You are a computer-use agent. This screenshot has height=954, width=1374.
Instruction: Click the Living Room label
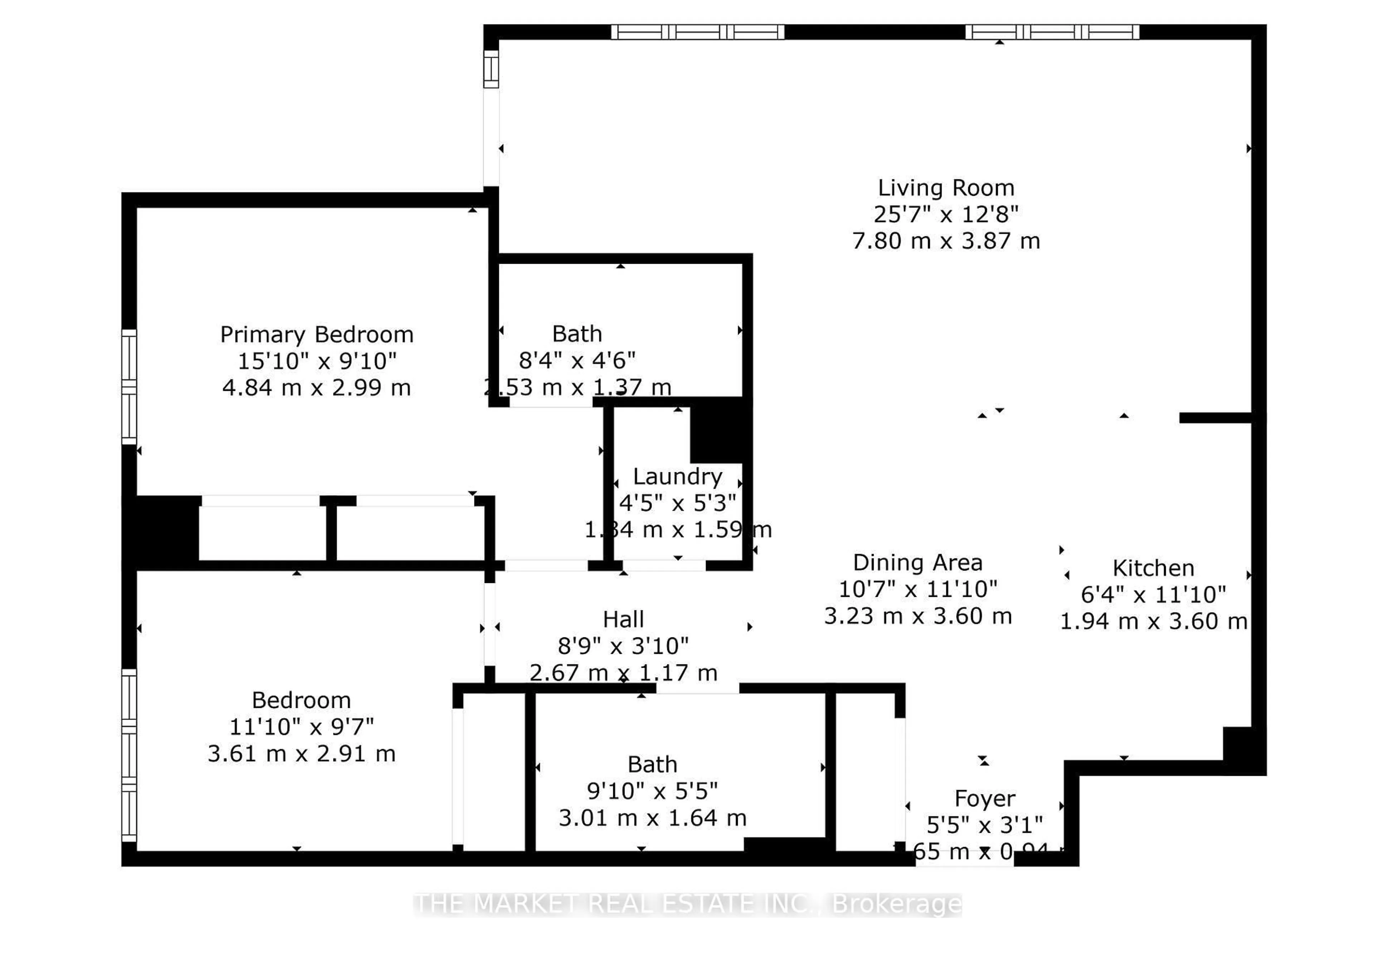pos(945,188)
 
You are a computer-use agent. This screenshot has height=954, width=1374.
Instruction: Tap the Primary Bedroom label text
pos(316,335)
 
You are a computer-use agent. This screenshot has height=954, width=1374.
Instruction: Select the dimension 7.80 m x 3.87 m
pos(945,241)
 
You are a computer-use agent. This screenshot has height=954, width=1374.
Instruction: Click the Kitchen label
pos(1153,568)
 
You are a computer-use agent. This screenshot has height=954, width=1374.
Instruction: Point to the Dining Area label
pos(917,563)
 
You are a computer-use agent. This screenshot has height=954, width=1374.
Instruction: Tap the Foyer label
pos(984,799)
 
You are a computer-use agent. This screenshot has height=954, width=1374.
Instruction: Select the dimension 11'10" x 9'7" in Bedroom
pos(301,727)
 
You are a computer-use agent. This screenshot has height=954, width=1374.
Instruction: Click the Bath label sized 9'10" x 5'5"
pos(652,764)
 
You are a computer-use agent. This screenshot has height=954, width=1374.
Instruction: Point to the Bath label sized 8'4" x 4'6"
pos(577,334)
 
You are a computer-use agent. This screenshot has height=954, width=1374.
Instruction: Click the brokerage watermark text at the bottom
pos(687,904)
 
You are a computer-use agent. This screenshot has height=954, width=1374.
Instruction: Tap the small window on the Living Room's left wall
pos(491,69)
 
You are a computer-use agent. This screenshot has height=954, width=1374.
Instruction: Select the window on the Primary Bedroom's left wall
pos(129,387)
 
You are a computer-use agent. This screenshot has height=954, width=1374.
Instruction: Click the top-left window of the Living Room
pos(697,32)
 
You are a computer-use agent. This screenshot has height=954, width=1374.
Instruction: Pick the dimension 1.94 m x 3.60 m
pos(1153,622)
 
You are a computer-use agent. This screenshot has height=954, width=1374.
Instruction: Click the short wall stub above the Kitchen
pos(1215,418)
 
